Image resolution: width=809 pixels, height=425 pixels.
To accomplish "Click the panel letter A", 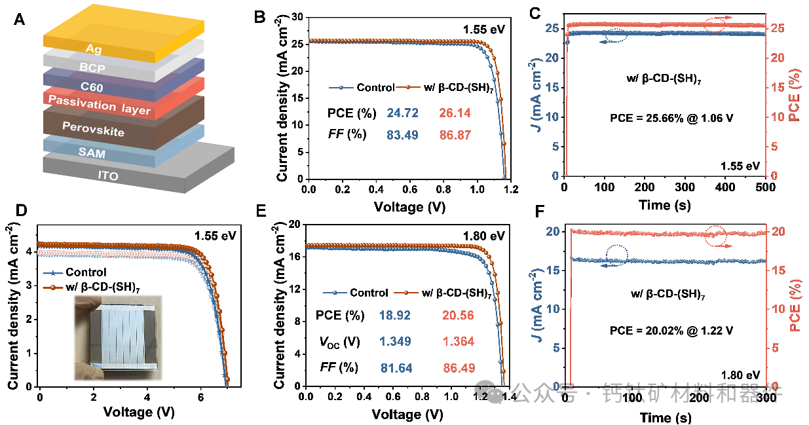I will click(20, 19).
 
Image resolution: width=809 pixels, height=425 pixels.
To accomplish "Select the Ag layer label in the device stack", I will click(94, 47).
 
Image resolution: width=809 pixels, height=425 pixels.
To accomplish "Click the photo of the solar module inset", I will click(118, 337).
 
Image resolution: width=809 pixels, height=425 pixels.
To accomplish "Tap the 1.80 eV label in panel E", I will click(483, 236).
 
